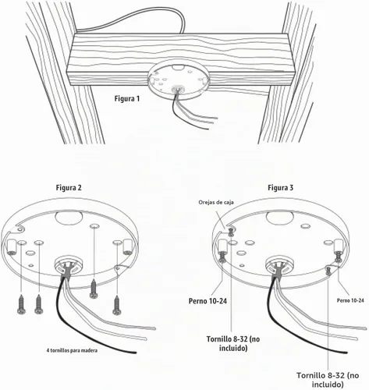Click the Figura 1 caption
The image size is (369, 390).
coord(127,99)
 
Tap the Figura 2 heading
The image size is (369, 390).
coord(69,187)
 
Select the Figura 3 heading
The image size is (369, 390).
coord(281,187)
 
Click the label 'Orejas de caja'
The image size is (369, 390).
coord(216,202)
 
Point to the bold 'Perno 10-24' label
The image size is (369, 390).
coord(208,301)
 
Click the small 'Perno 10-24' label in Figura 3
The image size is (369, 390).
coord(350,300)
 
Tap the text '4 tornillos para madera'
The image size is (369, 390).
coord(72,350)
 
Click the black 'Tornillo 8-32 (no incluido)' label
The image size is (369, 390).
coord(233,343)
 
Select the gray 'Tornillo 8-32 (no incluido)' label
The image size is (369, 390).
coord(328,380)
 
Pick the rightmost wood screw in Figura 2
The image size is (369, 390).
coord(116,305)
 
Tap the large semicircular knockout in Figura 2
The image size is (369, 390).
coord(69,218)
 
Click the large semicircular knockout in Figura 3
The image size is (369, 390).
coord(280,218)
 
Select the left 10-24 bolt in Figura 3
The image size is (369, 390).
coord(222,257)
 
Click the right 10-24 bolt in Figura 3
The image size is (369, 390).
coord(338,257)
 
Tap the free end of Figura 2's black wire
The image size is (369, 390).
coord(136,353)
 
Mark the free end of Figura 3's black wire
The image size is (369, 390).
coord(346,353)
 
